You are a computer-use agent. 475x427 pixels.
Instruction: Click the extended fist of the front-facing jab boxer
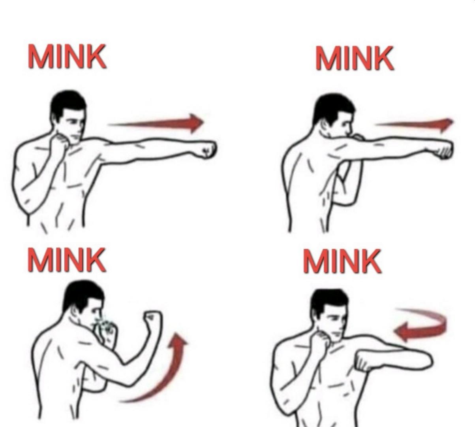tap(207, 150)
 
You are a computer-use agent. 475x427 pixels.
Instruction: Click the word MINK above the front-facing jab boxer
tap(67, 57)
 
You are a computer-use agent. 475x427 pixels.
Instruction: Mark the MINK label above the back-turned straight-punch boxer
tap(354, 58)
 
